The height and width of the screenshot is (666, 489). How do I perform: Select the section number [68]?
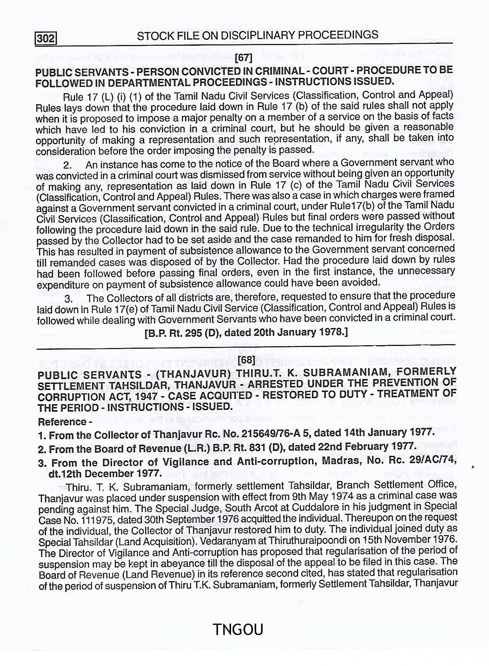click(x=247, y=359)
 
